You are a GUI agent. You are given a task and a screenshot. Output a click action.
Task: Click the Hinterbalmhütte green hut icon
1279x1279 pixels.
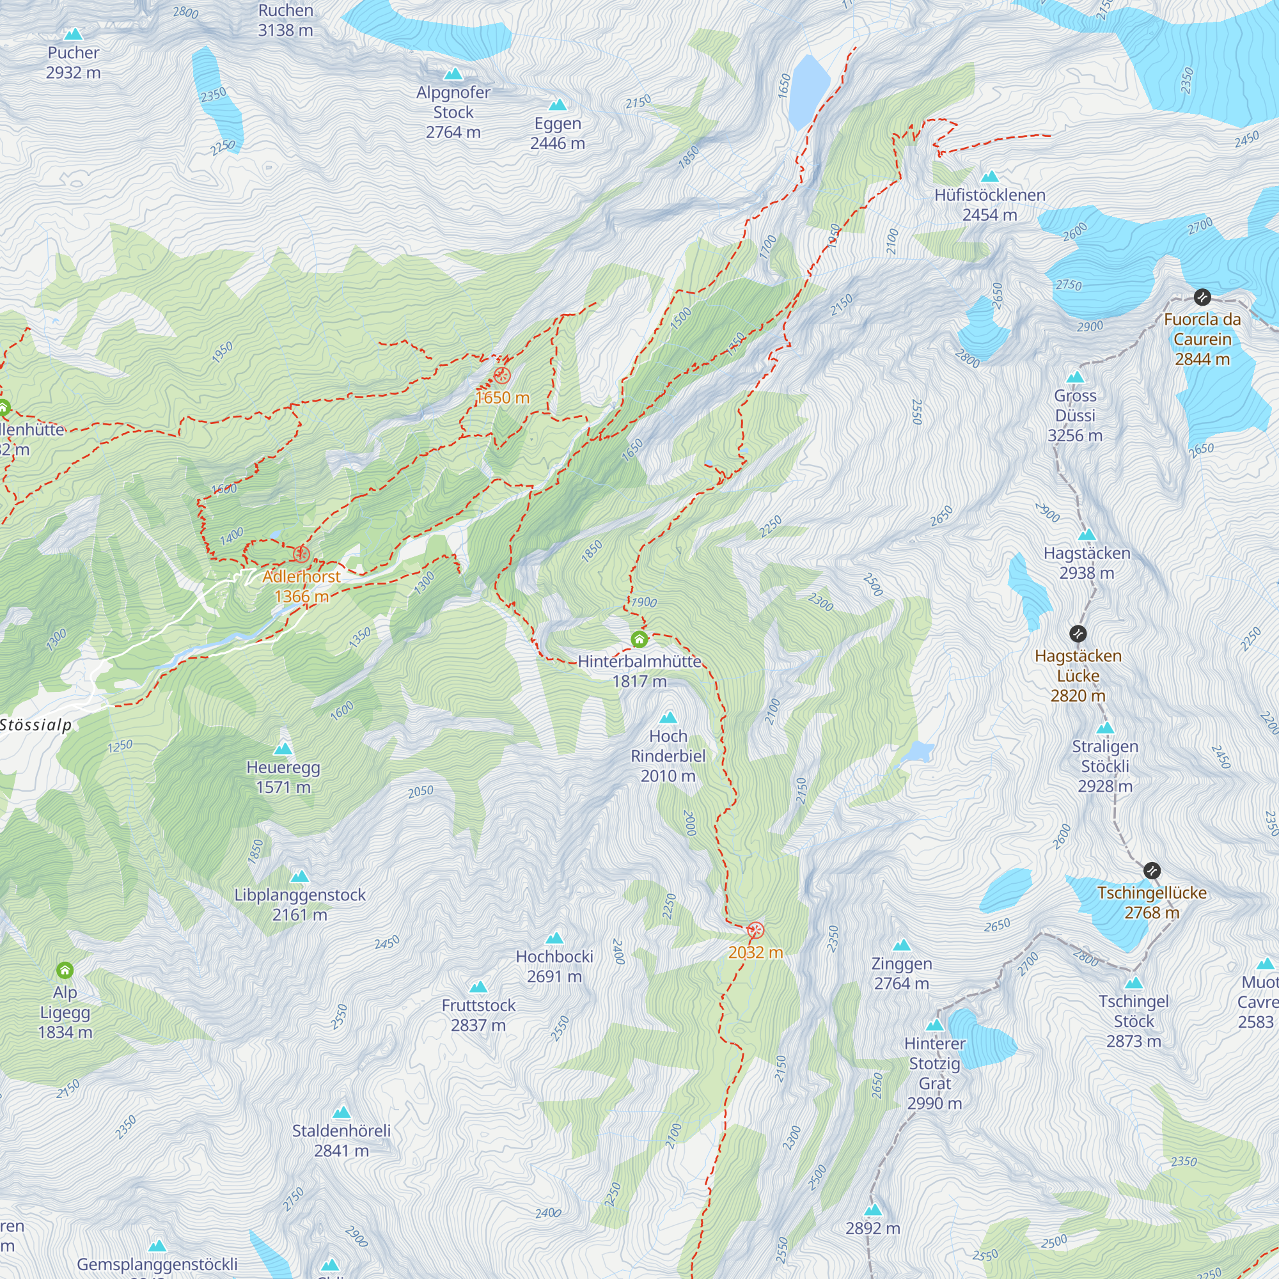tap(639, 639)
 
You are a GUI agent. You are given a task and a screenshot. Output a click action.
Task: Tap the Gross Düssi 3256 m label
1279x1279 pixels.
tap(1075, 415)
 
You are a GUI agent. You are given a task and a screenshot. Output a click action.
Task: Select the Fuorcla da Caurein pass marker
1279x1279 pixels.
tap(1202, 297)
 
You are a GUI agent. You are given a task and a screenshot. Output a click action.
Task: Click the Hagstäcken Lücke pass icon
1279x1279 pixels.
tap(1078, 634)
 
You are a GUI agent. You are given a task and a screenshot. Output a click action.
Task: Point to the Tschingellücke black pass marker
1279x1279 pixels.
tap(1152, 870)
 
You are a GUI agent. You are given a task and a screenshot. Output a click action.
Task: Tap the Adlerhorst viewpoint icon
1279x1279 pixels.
tap(301, 553)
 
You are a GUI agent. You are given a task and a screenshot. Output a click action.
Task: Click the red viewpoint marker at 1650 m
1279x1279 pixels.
tap(502, 376)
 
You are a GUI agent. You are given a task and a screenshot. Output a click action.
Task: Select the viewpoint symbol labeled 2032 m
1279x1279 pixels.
tap(755, 930)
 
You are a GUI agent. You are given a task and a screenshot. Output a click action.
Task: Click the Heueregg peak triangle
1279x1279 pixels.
tap(283, 749)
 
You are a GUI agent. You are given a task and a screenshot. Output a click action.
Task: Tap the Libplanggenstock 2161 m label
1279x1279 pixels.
tap(300, 904)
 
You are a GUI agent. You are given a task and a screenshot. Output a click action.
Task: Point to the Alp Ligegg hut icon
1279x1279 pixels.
tap(65, 970)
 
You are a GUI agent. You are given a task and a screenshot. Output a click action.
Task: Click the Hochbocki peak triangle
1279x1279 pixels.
tap(554, 938)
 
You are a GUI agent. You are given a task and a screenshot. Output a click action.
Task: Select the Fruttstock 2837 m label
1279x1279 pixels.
tap(478, 1015)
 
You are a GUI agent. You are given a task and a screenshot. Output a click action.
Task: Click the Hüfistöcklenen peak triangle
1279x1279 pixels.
tap(990, 176)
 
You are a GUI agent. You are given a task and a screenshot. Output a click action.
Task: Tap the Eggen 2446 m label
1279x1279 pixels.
tap(558, 133)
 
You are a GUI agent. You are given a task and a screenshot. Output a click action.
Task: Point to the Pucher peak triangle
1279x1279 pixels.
tap(73, 35)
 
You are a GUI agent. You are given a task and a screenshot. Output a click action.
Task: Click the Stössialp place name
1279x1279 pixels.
tap(36, 725)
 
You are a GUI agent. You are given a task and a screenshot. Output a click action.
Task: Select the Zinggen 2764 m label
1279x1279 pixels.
tap(902, 973)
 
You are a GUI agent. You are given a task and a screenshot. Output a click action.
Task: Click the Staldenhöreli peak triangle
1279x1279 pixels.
tap(341, 1112)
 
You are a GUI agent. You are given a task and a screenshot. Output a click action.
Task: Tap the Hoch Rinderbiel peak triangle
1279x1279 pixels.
tap(669, 718)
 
